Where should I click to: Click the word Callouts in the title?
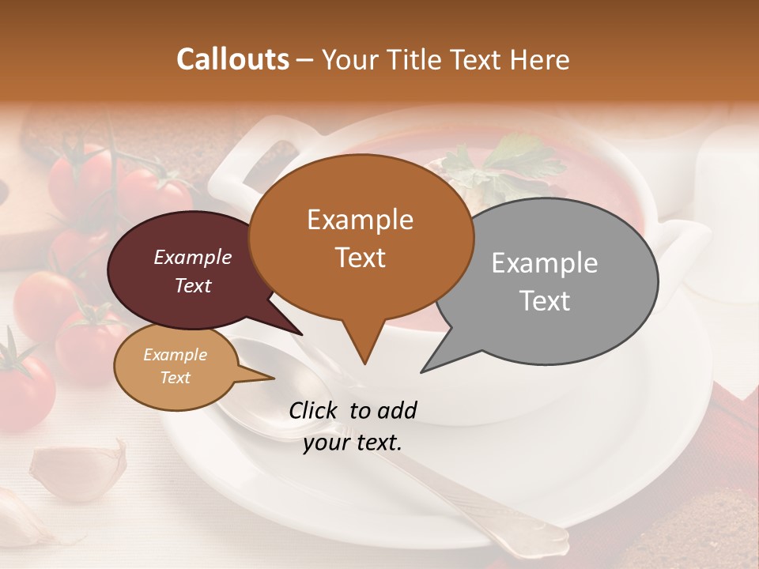(232, 59)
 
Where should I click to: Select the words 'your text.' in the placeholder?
(353, 443)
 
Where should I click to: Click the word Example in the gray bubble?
(545, 263)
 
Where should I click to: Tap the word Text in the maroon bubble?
(193, 286)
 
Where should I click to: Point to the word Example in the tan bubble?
(175, 355)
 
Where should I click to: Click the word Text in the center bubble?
(360, 258)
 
